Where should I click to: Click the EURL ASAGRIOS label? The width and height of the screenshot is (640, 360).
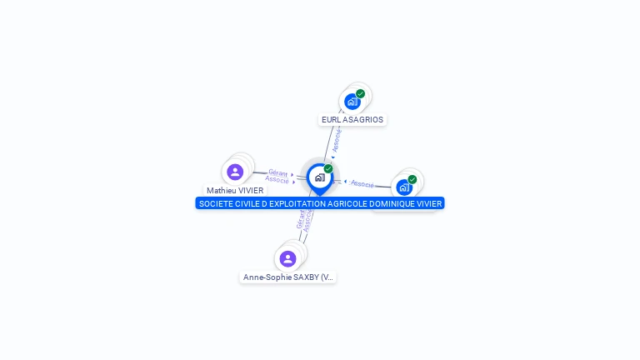click(352, 120)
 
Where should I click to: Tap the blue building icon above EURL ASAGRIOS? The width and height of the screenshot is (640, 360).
click(352, 102)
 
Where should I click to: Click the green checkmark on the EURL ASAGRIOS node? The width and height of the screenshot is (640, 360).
click(361, 93)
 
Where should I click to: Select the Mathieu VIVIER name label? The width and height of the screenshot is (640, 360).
click(235, 191)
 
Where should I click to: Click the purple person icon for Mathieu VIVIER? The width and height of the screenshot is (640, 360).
click(235, 172)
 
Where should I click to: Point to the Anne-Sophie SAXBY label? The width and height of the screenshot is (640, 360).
click(288, 277)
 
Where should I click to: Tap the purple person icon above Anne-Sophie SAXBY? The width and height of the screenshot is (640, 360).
click(287, 258)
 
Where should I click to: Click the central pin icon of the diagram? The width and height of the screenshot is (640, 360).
click(319, 177)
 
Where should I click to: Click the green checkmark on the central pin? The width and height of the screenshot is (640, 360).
click(328, 169)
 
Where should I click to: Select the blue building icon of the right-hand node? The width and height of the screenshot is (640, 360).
click(404, 187)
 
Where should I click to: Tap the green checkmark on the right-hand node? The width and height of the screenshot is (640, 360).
click(412, 179)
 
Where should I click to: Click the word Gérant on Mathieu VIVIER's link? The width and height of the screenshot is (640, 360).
click(278, 172)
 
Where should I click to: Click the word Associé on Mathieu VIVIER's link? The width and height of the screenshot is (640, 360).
click(277, 179)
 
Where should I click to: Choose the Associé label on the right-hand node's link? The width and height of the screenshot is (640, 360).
click(362, 183)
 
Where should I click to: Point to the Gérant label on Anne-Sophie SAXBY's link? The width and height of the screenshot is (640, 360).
click(300, 220)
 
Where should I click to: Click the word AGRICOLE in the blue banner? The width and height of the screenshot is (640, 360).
click(345, 203)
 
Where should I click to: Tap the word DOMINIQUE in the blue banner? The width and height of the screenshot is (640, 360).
click(392, 203)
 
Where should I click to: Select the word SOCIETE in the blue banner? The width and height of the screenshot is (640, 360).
click(217, 203)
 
